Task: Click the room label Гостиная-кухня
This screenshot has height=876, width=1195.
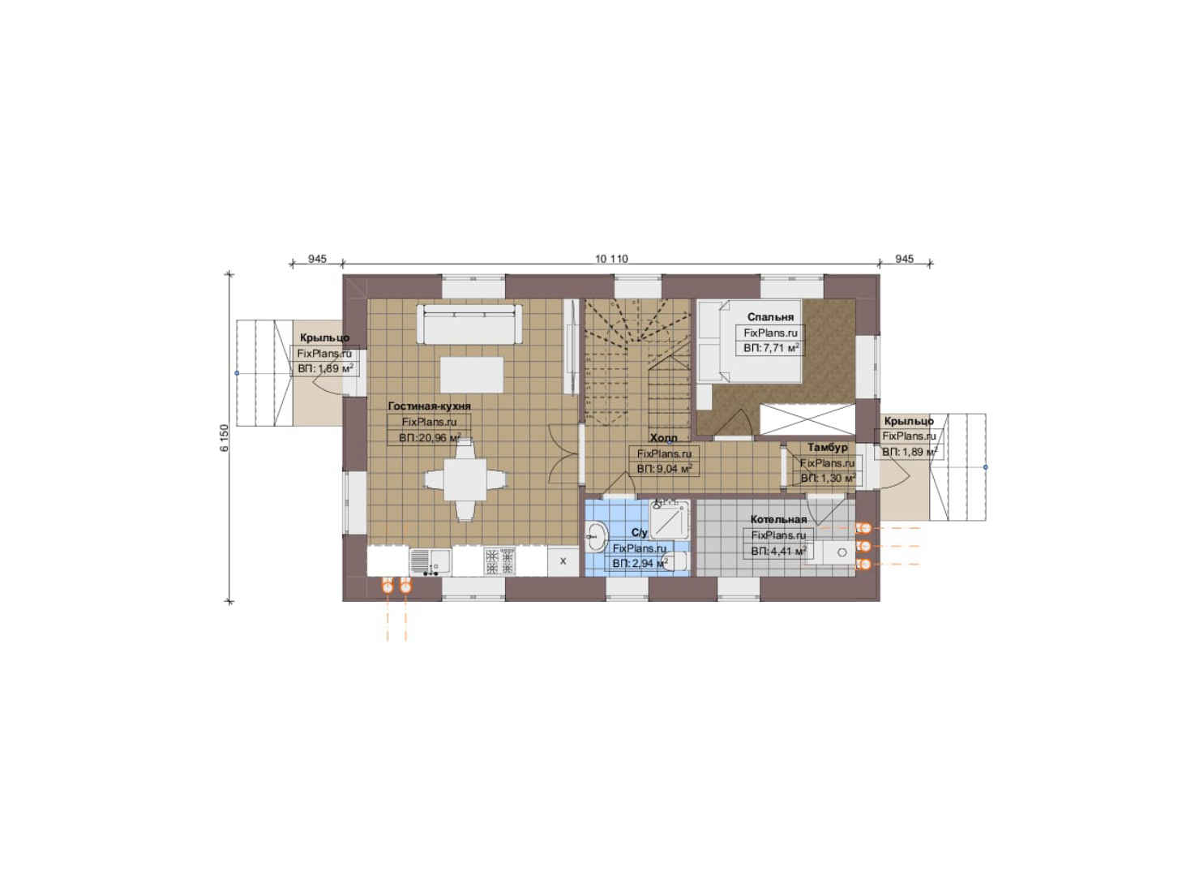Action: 429,406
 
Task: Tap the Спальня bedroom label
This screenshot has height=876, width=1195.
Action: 770,317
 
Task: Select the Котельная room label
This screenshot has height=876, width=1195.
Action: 777,519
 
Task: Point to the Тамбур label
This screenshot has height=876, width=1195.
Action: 827,448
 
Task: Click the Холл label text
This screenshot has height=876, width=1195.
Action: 663,438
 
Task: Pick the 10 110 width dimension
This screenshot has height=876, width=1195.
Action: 611,259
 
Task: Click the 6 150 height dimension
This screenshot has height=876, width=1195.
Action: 225,438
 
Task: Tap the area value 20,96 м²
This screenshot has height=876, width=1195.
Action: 430,438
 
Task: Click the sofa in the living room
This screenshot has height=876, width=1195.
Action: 469,324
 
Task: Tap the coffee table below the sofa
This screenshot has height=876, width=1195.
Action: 472,375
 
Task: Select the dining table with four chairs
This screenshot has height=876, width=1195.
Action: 465,479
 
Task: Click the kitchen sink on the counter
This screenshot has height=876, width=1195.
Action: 430,561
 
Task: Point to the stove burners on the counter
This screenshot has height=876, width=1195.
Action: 500,561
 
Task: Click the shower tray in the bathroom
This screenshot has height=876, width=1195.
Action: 669,521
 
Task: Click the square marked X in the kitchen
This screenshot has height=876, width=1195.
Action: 563,561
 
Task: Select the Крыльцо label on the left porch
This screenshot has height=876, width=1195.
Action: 324,338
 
